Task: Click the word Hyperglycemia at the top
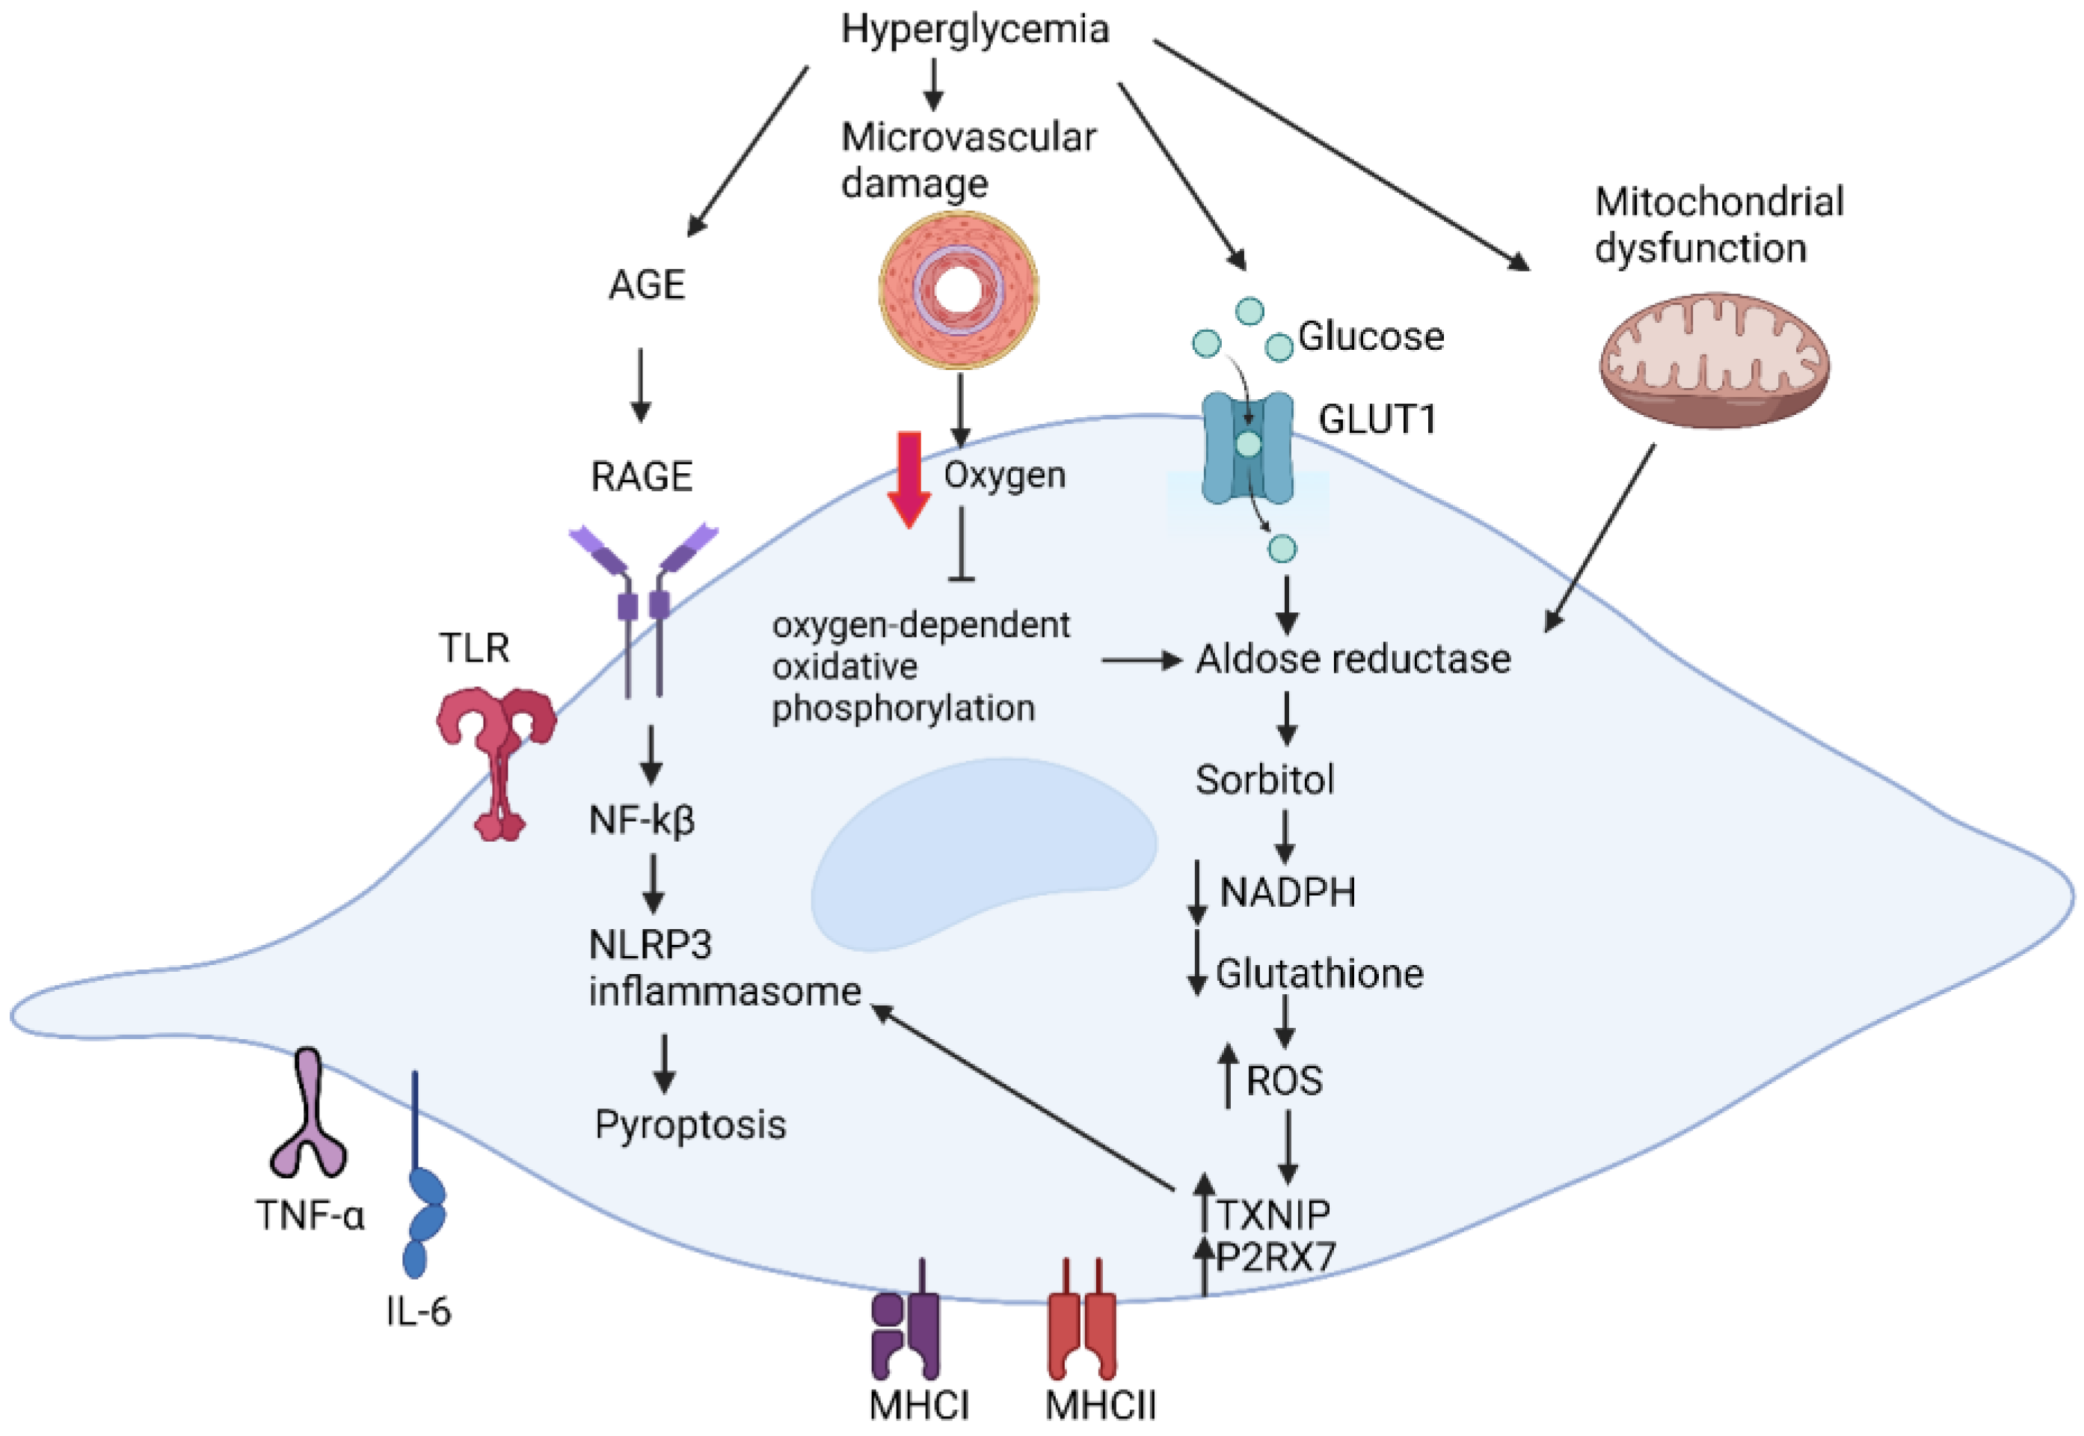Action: tap(974, 30)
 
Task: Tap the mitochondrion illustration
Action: tap(1713, 360)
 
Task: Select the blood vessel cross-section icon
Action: tap(959, 290)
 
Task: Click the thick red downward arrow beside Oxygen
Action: tap(909, 478)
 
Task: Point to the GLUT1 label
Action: tap(1377, 420)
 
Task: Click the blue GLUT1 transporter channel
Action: tap(1247, 447)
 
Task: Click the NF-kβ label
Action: tap(642, 820)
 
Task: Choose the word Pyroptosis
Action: tap(690, 1125)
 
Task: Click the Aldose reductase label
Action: tap(1353, 659)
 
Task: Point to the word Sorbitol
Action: tap(1264, 779)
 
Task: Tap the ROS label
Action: tap(1284, 1079)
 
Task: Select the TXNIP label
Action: tap(1273, 1215)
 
